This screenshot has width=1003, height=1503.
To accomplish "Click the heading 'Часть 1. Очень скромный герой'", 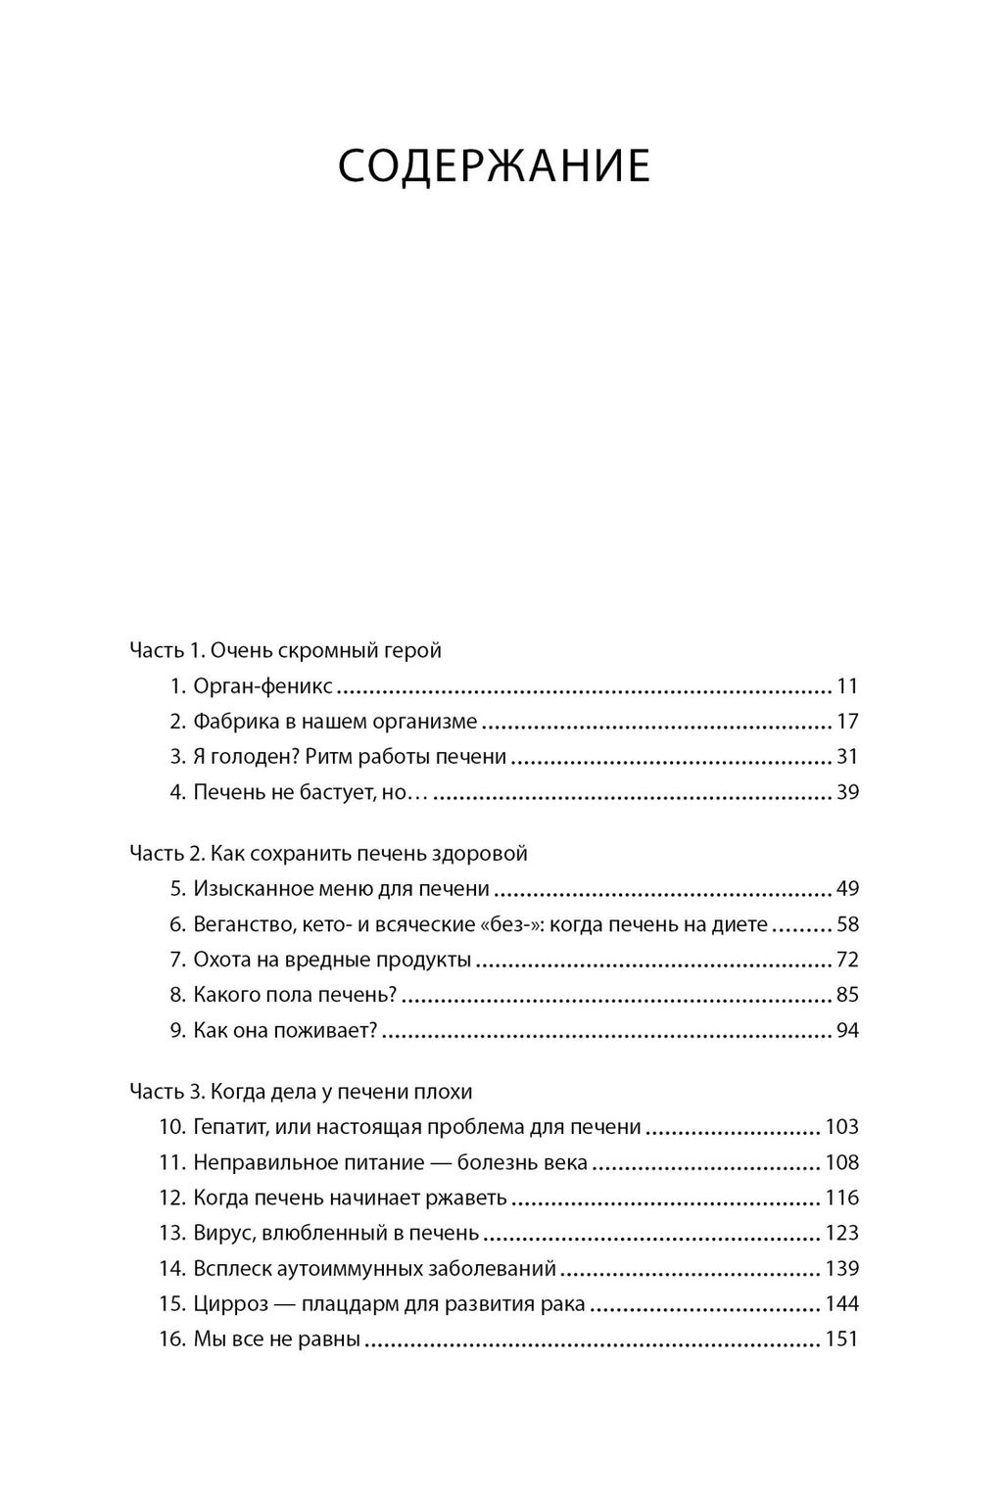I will click(x=285, y=650).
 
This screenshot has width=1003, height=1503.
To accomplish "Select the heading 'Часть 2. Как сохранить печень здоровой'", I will click(x=328, y=853).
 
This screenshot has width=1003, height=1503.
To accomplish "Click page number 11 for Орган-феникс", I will click(x=847, y=685).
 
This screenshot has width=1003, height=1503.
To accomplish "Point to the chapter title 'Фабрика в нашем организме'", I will click(x=335, y=722).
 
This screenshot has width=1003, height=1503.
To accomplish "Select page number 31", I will click(x=847, y=757).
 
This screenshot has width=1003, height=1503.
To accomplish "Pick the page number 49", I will click(x=847, y=889).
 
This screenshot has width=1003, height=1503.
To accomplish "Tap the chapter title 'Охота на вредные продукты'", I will click(x=333, y=960).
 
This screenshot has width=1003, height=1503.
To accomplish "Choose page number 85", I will click(x=847, y=995).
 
